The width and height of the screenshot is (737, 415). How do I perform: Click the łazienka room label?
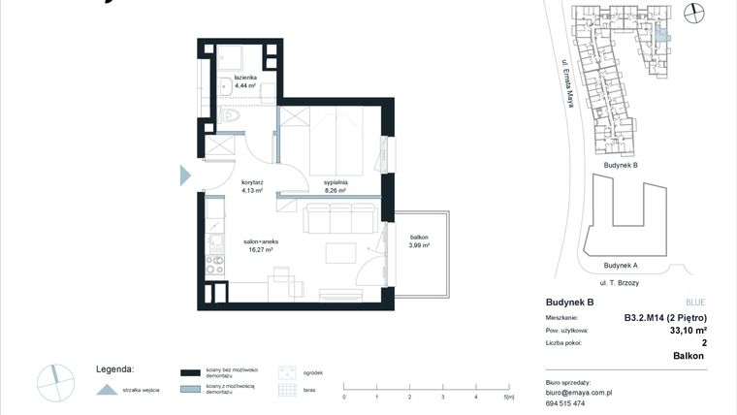pyautogui.click(x=244, y=78)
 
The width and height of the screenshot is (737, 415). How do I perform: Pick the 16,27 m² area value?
pyautogui.click(x=260, y=249)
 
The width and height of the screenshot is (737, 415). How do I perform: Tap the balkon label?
pyautogui.click(x=419, y=238)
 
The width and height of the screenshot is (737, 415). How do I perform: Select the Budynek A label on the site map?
pyautogui.click(x=620, y=265)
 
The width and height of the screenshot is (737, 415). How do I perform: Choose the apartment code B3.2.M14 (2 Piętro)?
pyautogui.click(x=663, y=317)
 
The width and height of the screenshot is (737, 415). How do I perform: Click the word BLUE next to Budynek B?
pyautogui.click(x=695, y=303)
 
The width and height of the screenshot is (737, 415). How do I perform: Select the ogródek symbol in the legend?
pyautogui.click(x=286, y=371)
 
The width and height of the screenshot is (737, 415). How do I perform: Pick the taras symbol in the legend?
pyautogui.click(x=286, y=390)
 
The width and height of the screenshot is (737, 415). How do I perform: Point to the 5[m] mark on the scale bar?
pyautogui.click(x=508, y=397)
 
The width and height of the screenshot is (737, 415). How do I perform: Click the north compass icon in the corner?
pyautogui.click(x=693, y=13)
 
